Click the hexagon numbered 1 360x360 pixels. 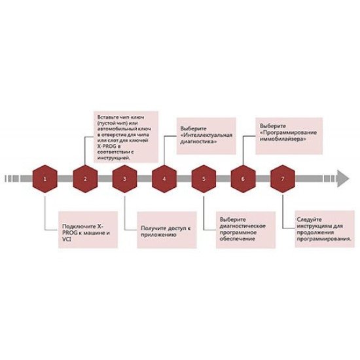click(x=45, y=179)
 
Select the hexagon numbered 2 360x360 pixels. click(x=85, y=179)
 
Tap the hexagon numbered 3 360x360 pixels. click(x=124, y=179)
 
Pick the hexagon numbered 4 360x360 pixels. click(x=164, y=179)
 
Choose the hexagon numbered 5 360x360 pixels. click(x=204, y=179)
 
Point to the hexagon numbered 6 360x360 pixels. click(x=243, y=179)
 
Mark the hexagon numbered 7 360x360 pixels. click(x=283, y=179)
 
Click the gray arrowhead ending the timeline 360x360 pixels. click(x=343, y=179)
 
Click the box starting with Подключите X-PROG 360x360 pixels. click(x=88, y=230)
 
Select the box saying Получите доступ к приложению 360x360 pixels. click(x=167, y=230)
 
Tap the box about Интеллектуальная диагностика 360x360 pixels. click(x=206, y=136)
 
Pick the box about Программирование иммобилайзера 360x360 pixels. click(x=289, y=136)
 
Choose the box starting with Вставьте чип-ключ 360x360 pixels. click(x=126, y=137)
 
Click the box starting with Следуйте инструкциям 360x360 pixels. click(x=325, y=229)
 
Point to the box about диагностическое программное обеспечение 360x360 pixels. click(x=245, y=230)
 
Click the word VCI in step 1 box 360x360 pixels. click(x=67, y=240)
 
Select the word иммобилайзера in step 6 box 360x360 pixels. click(x=283, y=139)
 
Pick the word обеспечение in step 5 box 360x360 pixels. click(x=238, y=239)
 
